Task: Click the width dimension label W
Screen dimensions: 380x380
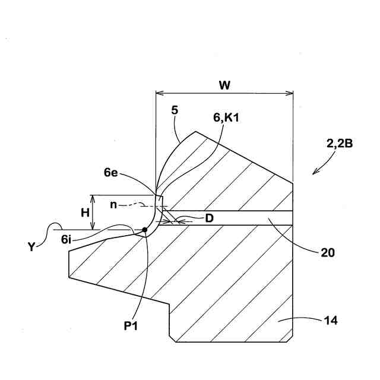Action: pyautogui.click(x=224, y=85)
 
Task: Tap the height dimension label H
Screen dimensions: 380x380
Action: pyautogui.click(x=84, y=212)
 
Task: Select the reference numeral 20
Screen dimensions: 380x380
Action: pyautogui.click(x=327, y=252)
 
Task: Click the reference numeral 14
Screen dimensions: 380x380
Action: pyautogui.click(x=331, y=321)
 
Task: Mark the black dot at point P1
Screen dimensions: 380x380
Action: pyautogui.click(x=145, y=229)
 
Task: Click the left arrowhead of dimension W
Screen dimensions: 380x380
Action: pyautogui.click(x=158, y=93)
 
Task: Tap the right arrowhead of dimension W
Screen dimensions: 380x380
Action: pyautogui.click(x=290, y=93)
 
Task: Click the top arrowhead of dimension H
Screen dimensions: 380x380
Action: pyautogui.click(x=93, y=197)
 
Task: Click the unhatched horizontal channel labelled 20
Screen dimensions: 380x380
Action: pyautogui.click(x=237, y=218)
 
